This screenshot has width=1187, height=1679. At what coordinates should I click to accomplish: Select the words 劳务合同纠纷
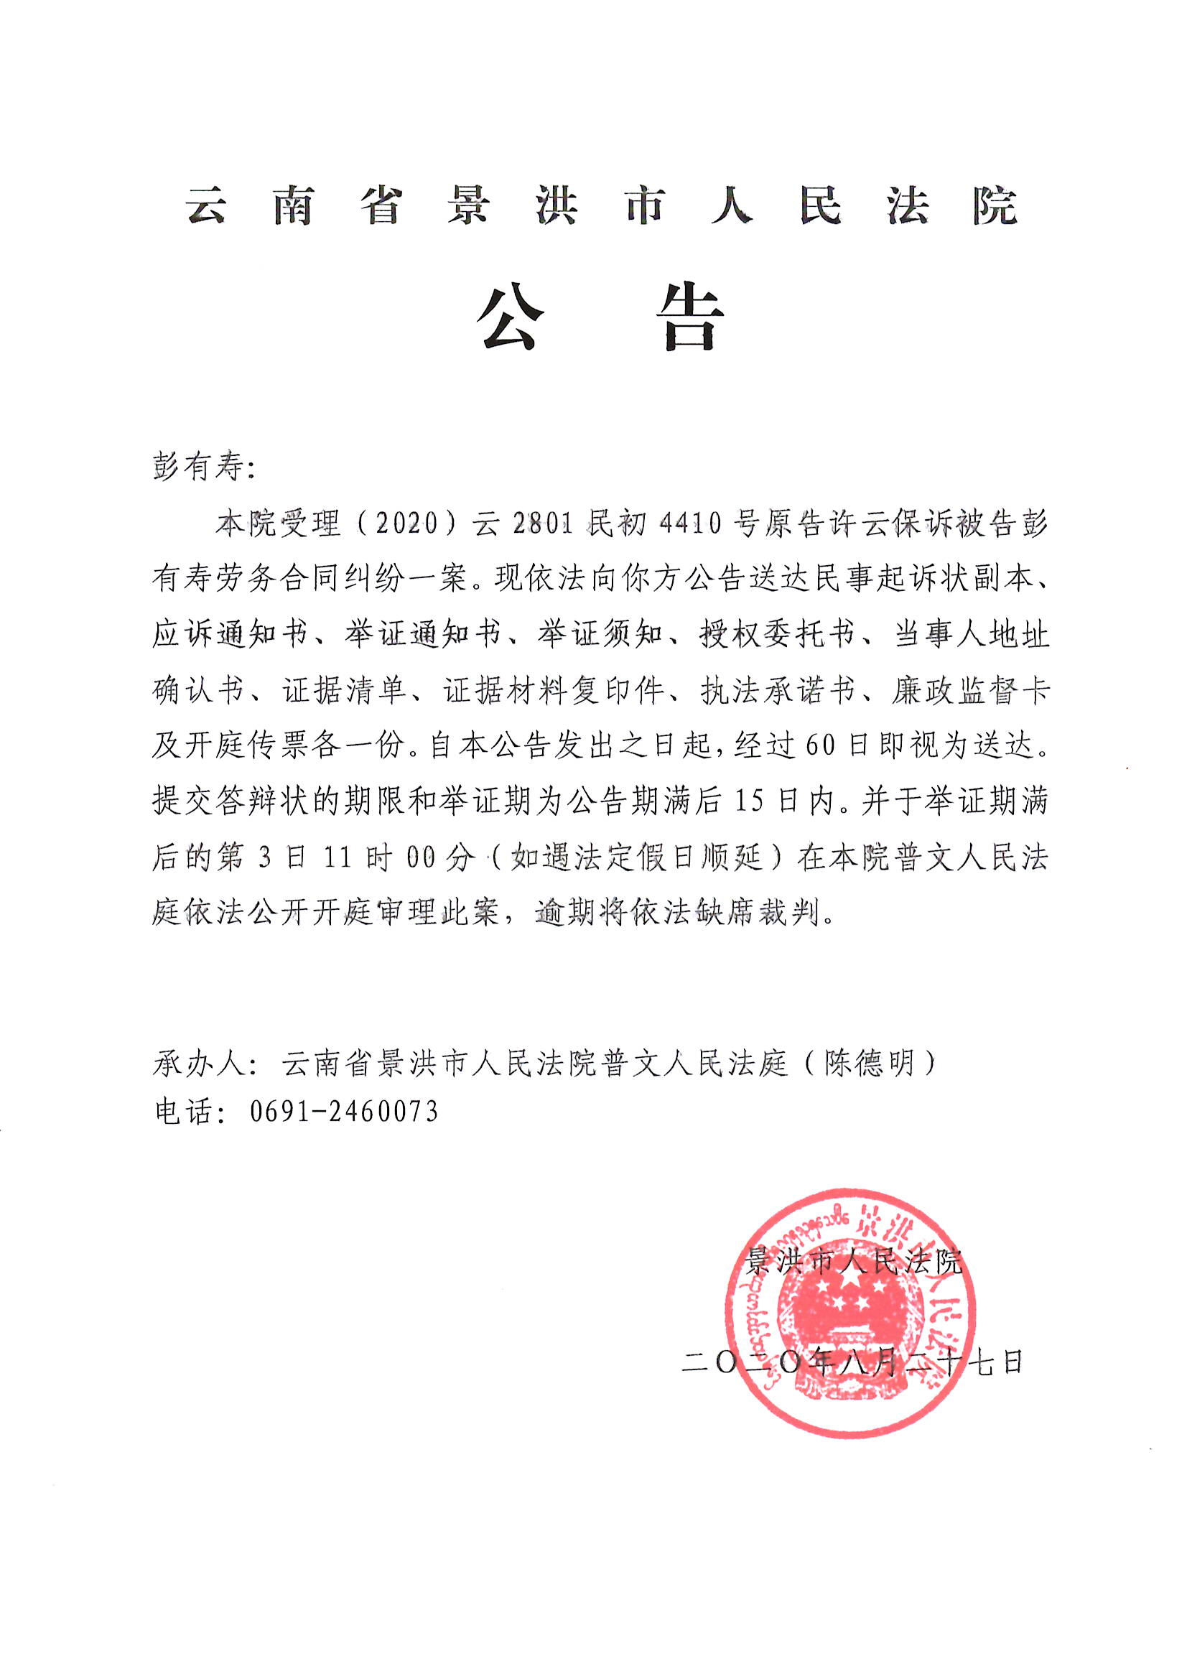coord(309,579)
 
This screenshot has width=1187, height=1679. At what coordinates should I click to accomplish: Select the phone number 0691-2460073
coord(344,1112)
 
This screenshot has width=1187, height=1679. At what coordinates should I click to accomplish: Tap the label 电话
coord(183,1112)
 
